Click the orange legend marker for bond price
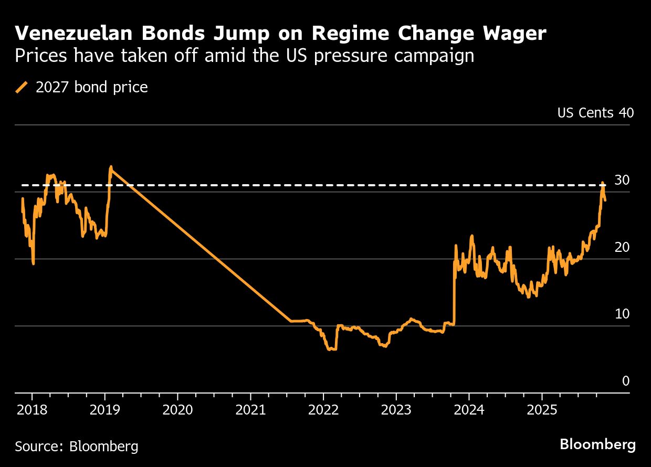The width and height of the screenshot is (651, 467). click(x=22, y=87)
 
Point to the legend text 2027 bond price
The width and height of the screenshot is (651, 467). click(x=91, y=87)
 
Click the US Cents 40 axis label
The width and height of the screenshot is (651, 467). click(x=595, y=113)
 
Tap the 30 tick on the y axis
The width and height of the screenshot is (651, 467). click(x=622, y=180)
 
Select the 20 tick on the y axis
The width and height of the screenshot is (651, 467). click(x=622, y=247)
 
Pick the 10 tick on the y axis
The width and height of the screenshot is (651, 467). click(x=622, y=314)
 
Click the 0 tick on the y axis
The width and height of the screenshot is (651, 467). click(x=625, y=381)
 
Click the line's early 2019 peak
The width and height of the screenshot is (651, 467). click(x=111, y=167)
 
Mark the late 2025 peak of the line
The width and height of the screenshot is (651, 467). click(x=602, y=183)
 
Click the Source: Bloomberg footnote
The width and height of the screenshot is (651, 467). click(x=77, y=447)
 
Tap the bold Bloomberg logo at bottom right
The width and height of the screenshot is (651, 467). click(x=597, y=445)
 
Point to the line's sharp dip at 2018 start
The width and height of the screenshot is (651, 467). click(x=34, y=263)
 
